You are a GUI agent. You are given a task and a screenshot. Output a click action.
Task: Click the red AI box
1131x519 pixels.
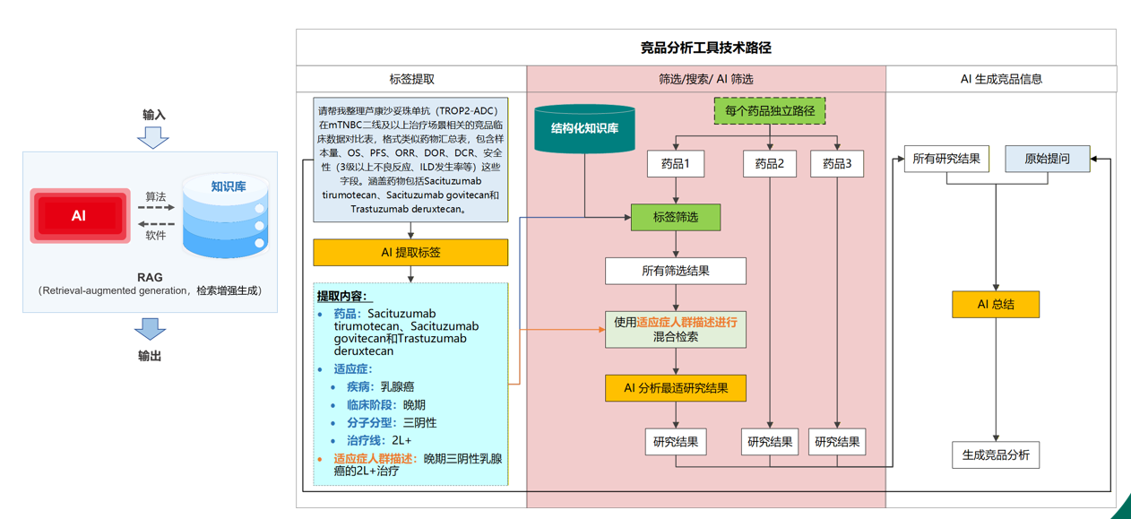80,216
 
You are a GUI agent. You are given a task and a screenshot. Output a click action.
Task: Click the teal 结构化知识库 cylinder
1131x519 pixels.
584,129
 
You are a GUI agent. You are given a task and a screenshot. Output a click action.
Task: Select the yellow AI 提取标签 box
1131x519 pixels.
410,253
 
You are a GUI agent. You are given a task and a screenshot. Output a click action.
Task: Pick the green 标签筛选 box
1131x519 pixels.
675,217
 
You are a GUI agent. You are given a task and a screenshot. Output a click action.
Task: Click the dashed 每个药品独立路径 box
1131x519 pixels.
769,111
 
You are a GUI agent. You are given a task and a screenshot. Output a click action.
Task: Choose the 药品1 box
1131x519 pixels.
675,164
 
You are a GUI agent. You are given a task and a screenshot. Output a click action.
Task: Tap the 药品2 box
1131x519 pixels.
769,164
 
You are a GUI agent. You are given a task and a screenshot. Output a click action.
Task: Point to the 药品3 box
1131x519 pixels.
837,164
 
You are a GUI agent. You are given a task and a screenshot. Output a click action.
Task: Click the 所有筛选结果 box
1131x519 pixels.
675,271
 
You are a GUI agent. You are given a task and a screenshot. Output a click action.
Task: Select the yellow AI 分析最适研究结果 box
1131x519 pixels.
675,388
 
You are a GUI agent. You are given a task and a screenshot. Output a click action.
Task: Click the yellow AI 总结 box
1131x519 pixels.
996,304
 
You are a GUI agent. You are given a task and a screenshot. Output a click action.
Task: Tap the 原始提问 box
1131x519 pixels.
1047,159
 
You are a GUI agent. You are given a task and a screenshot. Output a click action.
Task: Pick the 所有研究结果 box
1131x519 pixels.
946,159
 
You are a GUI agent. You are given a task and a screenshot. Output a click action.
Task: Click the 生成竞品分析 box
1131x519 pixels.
996,454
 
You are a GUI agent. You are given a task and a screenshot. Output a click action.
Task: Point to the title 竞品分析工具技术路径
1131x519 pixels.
705,48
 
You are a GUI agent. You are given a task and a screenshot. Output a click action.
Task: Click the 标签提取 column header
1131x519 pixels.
411,79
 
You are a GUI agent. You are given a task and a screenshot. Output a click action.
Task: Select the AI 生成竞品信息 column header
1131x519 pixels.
1001,79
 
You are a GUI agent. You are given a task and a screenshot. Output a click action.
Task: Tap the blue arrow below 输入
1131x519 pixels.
153,137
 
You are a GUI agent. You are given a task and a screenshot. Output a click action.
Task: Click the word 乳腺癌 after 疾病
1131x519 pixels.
397,386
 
